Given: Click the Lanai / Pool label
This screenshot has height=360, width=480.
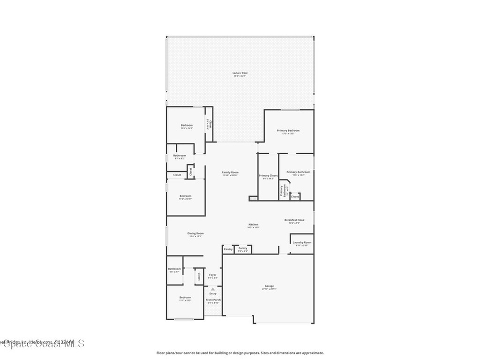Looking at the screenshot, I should click(x=240, y=73).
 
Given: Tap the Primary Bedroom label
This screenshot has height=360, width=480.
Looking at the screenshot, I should click(x=288, y=131).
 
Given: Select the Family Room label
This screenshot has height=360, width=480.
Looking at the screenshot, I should click(x=230, y=172).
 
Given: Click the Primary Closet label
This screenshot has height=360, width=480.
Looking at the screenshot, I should click(x=268, y=176).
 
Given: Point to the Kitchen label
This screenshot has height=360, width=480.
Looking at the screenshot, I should click(x=253, y=225).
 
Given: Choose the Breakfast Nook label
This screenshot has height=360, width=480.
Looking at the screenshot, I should click(x=294, y=220).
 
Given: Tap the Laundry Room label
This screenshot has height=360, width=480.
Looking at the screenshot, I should click(x=302, y=242).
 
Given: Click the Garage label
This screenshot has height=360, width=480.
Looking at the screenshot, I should click(x=269, y=286).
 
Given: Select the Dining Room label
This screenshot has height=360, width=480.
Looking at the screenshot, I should click(x=196, y=233).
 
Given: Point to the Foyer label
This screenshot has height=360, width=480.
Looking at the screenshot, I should click(x=212, y=275).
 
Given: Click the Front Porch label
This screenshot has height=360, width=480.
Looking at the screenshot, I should click(x=213, y=300).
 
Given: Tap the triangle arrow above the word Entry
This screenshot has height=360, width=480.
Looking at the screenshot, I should click(x=212, y=289).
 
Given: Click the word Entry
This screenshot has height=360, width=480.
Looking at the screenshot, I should click(x=213, y=293).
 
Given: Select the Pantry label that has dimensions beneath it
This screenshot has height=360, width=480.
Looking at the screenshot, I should click(x=243, y=248).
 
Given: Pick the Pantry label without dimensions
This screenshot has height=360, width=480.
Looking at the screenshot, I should click(x=228, y=249).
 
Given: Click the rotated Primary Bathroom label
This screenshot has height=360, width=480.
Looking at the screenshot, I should click(x=283, y=190).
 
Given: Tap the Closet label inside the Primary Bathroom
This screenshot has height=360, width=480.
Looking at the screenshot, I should click(x=295, y=197).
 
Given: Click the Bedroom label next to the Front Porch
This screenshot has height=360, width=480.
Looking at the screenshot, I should click(x=185, y=298).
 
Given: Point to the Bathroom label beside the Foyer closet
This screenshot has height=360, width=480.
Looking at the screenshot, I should click(x=174, y=269).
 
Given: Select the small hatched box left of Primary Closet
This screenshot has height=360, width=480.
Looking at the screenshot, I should click(x=253, y=198).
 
